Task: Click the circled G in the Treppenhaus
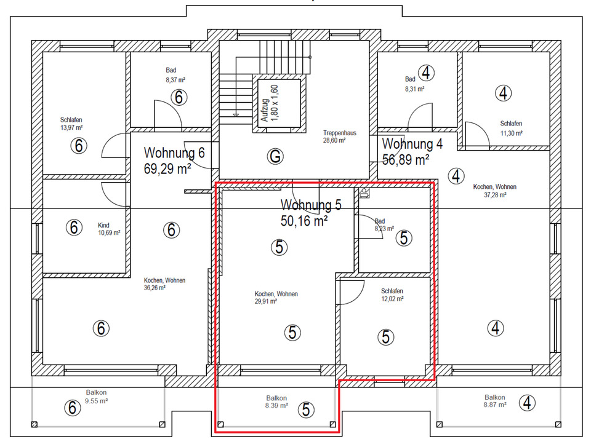pyautogui.click(x=275, y=156)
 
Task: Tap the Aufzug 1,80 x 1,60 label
pyautogui.click(x=270, y=103)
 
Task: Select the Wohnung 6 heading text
pyautogui.click(x=174, y=153)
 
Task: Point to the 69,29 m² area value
pyautogui.click(x=167, y=168)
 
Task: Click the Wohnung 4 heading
pyautogui.click(x=412, y=144)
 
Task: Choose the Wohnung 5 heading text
pyautogui.click(x=311, y=205)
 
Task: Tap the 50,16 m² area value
pyautogui.click(x=304, y=221)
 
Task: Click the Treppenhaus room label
pyautogui.click(x=340, y=133)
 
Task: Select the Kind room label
pyautogui.click(x=103, y=225)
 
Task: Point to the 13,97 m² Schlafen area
pyautogui.click(x=71, y=128)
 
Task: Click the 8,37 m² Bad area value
pyautogui.click(x=175, y=80)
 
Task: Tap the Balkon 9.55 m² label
pyautogui.click(x=96, y=397)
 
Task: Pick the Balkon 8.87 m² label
pyautogui.click(x=495, y=401)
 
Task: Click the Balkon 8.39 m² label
pyautogui.click(x=276, y=402)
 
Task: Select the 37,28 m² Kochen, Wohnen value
pyautogui.click(x=495, y=195)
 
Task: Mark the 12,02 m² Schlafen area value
pyautogui.click(x=392, y=299)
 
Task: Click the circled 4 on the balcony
pyautogui.click(x=527, y=403)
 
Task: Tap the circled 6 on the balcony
pyautogui.click(x=73, y=408)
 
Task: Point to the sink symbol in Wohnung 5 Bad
pyautogui.click(x=364, y=193)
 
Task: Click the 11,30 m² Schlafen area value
pyautogui.click(x=512, y=133)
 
